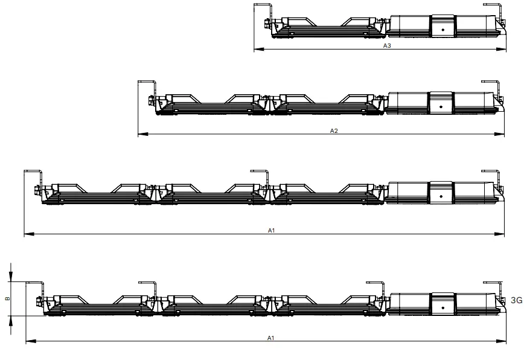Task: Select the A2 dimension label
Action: (333, 130)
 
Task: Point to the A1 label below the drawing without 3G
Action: (270, 230)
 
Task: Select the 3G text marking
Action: (516, 299)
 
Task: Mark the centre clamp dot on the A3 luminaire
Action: (443, 28)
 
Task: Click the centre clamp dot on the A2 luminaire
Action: (441, 106)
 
